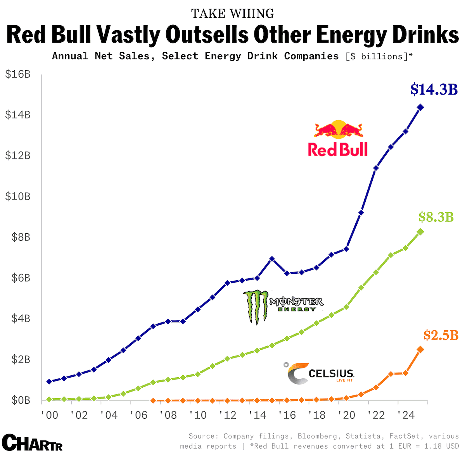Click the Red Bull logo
coord(338,139)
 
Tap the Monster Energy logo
coord(283,306)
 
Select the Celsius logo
coord(320,373)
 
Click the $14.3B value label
coord(434,90)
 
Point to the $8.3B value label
coord(436,217)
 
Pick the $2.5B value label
coord(441,335)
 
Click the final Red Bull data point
coord(420,107)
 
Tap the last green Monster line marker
coord(420,232)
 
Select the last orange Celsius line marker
coord(420,349)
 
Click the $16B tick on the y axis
coord(18,74)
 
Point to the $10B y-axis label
coord(18,196)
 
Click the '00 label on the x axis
coord(49,415)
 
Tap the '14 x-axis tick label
coord(257,415)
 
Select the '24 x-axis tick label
coord(406,415)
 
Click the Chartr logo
coord(32,442)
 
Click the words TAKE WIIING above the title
coord(233,14)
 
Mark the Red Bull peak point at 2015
coord(272,259)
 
